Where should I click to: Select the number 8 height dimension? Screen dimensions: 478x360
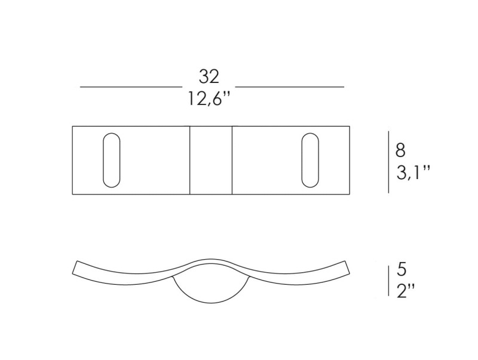coord(400,150)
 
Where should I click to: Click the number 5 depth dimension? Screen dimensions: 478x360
coord(402,269)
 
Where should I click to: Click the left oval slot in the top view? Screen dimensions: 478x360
coord(112,160)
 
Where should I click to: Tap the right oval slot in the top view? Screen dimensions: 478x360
coord(310,160)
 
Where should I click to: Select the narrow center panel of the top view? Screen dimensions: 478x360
coord(211,160)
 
